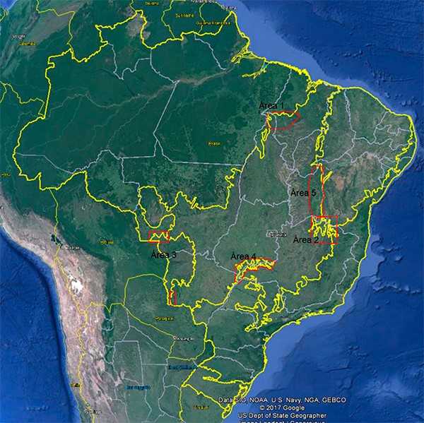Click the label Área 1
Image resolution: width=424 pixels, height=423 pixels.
click(271, 106)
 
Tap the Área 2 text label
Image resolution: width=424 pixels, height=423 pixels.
click(307, 239)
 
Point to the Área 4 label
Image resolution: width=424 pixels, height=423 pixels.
click(244, 256)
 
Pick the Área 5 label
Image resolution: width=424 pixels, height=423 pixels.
click(304, 192)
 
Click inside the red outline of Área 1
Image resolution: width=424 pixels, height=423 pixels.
click(283, 120)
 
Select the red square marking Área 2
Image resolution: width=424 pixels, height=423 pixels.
click(326, 230)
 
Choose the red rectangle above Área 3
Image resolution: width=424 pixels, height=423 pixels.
click(159, 237)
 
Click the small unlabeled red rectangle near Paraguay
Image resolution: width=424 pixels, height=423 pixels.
click(173, 297)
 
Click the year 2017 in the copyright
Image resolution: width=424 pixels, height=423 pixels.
click(271, 408)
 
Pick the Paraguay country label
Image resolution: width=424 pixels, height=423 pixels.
click(165, 318)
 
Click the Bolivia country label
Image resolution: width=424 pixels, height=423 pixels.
click(71, 247)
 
